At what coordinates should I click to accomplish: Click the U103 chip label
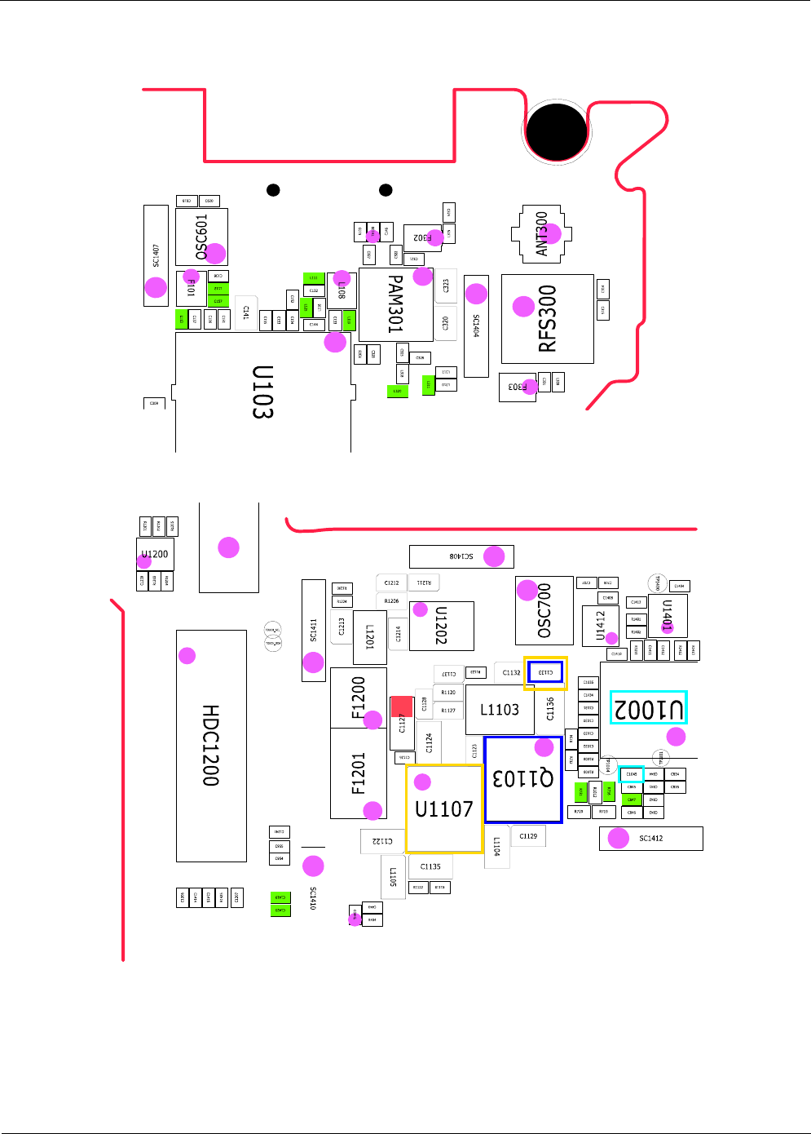[x=262, y=392]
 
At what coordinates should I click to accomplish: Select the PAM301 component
[x=395, y=304]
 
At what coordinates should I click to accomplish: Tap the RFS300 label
[x=547, y=319]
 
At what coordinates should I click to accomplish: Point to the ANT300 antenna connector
[x=541, y=235]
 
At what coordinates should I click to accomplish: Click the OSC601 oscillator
[x=201, y=237]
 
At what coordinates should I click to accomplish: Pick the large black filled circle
[x=557, y=131]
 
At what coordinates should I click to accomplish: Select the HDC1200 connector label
[x=210, y=746]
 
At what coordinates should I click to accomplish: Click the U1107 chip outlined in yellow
[x=444, y=808]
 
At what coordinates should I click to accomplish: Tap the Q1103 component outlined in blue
[x=523, y=779]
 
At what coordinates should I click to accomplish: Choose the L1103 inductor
[x=499, y=710]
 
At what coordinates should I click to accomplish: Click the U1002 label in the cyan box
[x=649, y=708]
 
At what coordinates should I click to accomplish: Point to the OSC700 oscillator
[x=544, y=610]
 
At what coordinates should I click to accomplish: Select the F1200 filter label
[x=358, y=698]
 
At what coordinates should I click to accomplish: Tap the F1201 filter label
[x=358, y=773]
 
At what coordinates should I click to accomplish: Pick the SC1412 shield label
[x=650, y=839]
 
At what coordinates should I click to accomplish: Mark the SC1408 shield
[x=461, y=556]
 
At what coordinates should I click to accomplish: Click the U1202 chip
[x=441, y=626]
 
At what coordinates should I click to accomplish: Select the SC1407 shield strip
[x=156, y=255]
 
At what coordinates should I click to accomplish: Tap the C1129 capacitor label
[x=528, y=836]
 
